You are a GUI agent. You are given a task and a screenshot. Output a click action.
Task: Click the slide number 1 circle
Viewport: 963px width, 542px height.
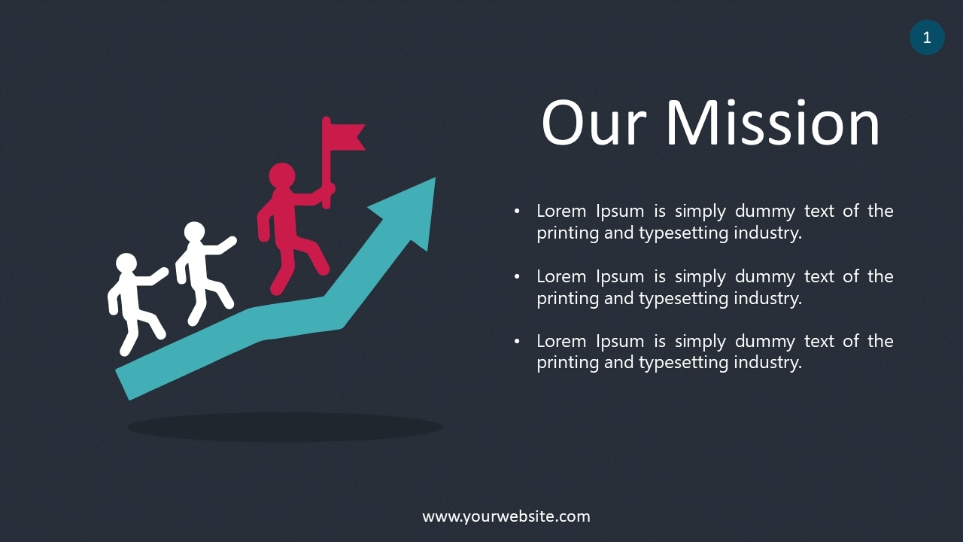click(927, 38)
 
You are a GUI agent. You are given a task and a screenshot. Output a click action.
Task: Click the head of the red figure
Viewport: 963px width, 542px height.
click(282, 176)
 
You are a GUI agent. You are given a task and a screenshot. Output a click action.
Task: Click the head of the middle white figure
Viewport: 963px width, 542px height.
click(194, 233)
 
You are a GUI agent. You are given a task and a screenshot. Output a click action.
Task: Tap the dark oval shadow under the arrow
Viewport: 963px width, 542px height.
click(284, 427)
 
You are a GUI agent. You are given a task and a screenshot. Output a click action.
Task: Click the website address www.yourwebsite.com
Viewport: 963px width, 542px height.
click(506, 516)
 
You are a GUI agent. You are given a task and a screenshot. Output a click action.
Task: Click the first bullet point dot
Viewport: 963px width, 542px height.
click(517, 212)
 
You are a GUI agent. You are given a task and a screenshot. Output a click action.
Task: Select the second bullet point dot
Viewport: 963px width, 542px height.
click(517, 277)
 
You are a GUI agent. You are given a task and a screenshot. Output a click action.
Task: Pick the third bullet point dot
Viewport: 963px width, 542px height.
click(517, 342)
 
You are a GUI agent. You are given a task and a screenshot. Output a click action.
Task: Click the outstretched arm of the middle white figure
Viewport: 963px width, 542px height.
click(222, 246)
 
